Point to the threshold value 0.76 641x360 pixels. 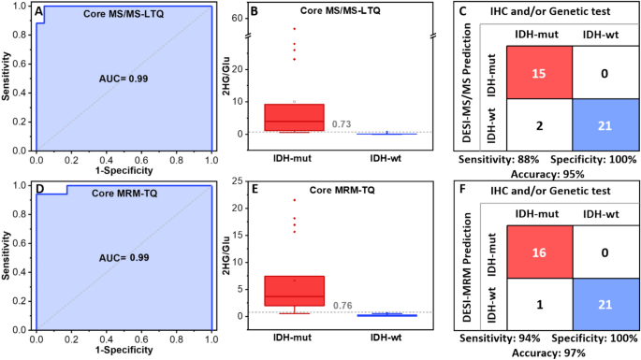[342, 303]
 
